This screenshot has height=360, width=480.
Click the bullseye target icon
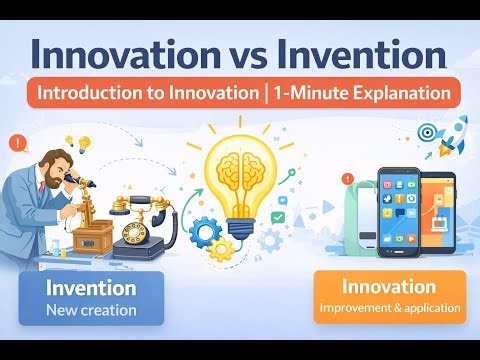point(426,132)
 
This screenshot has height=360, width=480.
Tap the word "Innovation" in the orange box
point(389,287)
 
